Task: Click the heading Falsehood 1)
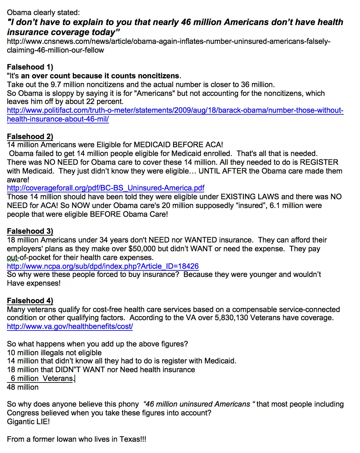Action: pos(30,67)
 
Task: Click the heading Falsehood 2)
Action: pos(30,137)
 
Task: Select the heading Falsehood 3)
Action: pos(30,231)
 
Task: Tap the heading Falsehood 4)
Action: pos(30,301)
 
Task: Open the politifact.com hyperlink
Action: pos(175,111)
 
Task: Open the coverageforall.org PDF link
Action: pos(105,188)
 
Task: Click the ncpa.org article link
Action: pos(103,266)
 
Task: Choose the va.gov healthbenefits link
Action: pos(70,326)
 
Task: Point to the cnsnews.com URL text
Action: pos(168,42)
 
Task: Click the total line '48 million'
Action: pos(23,387)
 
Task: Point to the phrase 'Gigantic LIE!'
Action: pos(28,422)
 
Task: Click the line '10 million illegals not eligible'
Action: pos(54,353)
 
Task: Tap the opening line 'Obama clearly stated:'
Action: pos(43,13)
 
